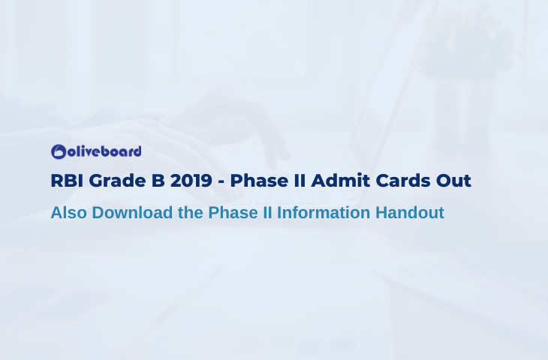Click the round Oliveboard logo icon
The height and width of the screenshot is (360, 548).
[x=59, y=151]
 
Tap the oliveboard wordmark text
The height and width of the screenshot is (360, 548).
[x=104, y=151]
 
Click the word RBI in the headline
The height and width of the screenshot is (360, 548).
[x=67, y=181]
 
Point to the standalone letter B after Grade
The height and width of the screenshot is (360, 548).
[x=158, y=181]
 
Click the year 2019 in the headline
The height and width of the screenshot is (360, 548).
[x=191, y=181]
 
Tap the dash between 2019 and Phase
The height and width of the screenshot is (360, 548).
[x=221, y=182]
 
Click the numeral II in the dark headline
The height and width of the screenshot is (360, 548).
[x=300, y=181]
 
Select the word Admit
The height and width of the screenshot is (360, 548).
[x=340, y=181]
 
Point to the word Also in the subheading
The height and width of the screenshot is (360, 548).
[x=69, y=212]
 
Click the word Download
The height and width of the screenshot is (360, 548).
[x=132, y=212]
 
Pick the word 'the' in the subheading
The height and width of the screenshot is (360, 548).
[x=191, y=212]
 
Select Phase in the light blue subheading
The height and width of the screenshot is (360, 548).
[x=233, y=212]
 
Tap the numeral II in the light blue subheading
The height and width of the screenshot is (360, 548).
[x=268, y=212]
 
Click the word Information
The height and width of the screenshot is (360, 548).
[x=324, y=212]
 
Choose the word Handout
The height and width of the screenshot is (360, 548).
[x=410, y=212]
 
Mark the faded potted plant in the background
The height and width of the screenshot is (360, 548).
[x=465, y=42]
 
